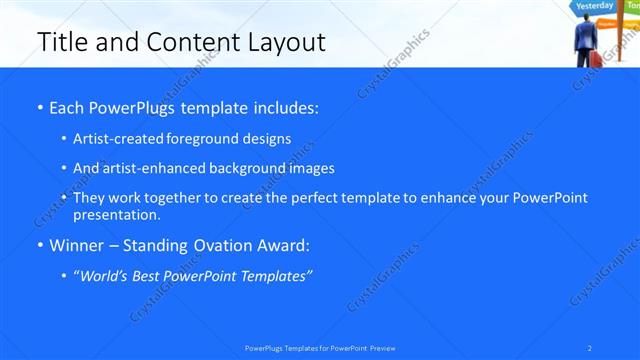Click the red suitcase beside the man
pos(597,59)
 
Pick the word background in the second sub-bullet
pos(236,168)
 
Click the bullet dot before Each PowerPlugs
pos(39,107)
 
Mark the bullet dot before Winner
pos(39,245)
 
